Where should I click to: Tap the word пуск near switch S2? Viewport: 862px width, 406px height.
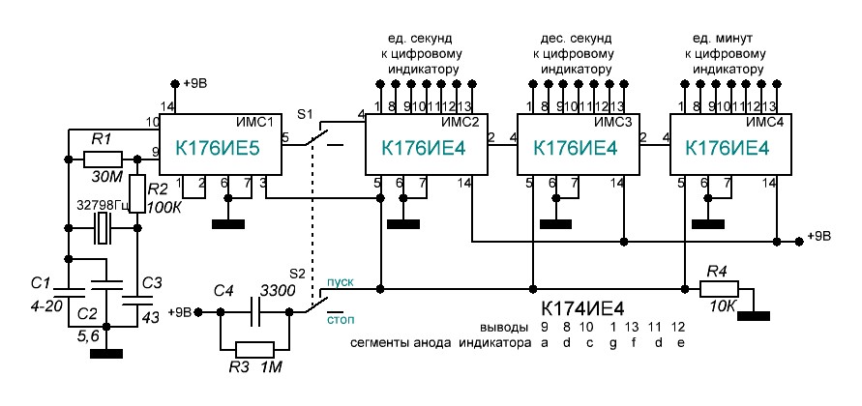click(x=340, y=281)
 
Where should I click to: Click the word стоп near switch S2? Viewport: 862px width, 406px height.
click(x=341, y=316)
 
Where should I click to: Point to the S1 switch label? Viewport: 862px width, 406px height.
click(x=305, y=114)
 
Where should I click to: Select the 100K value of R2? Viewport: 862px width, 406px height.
click(x=166, y=207)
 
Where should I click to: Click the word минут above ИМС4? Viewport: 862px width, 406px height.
click(x=730, y=39)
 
